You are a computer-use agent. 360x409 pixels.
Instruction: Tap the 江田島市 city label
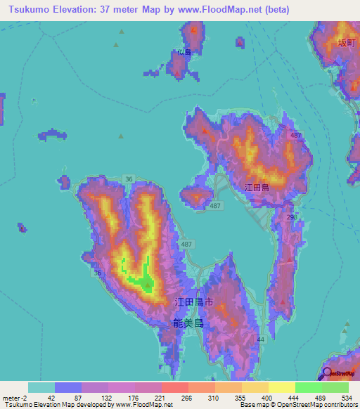tap(193, 302)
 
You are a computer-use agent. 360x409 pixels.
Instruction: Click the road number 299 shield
tap(292, 218)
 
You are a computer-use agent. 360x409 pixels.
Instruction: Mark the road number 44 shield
tap(261, 340)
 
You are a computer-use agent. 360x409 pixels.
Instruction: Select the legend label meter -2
tap(13, 397)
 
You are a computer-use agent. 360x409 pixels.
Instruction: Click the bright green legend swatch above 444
tap(308, 387)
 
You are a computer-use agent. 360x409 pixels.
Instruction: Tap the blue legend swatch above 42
tap(67, 387)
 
